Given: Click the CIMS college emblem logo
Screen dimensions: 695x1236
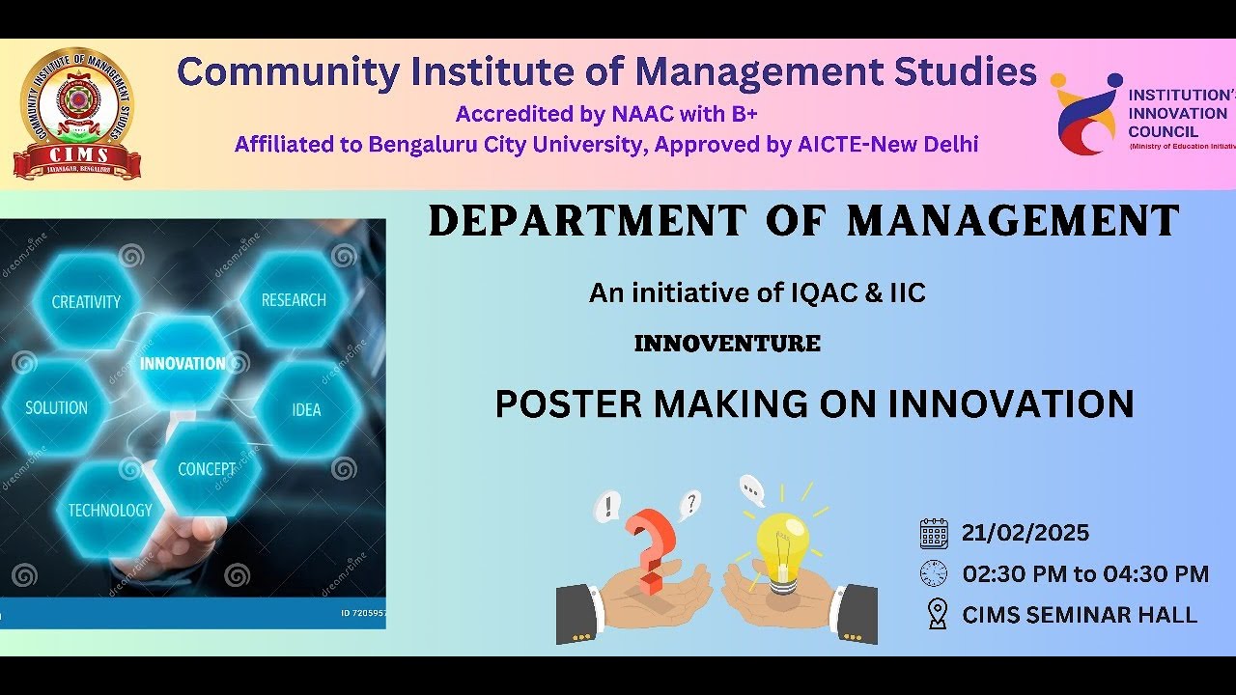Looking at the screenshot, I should pyautogui.click(x=76, y=114).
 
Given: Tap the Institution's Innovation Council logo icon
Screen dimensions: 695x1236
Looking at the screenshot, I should pyautogui.click(x=1086, y=115).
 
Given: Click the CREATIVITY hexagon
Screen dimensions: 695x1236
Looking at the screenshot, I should pyautogui.click(x=86, y=301).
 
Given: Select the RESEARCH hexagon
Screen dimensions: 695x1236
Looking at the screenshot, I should pyautogui.click(x=294, y=299).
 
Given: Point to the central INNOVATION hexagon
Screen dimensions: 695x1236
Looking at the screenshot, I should pyautogui.click(x=183, y=364).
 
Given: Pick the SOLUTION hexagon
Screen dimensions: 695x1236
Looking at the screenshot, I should pyautogui.click(x=56, y=407).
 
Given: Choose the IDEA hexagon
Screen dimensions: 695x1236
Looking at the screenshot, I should pyautogui.click(x=306, y=409).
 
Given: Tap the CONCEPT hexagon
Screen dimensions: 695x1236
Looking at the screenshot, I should pyautogui.click(x=206, y=469).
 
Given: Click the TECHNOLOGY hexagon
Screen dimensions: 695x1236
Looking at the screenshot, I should pyautogui.click(x=110, y=510).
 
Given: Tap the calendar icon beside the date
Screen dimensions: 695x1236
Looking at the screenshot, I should pyautogui.click(x=934, y=533).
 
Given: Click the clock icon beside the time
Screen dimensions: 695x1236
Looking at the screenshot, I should pyautogui.click(x=934, y=573).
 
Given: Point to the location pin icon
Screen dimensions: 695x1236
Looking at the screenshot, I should pyautogui.click(x=936, y=614).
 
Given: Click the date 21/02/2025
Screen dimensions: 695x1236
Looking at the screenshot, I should pyautogui.click(x=1025, y=533).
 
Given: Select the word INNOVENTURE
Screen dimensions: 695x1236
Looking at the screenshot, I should pyautogui.click(x=727, y=344).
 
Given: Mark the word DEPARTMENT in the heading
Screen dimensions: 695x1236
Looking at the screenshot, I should pyautogui.click(x=587, y=221).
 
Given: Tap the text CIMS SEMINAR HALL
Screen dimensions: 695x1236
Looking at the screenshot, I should pyautogui.click(x=1080, y=615).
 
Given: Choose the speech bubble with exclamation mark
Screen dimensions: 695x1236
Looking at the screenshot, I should pyautogui.click(x=607, y=505).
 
